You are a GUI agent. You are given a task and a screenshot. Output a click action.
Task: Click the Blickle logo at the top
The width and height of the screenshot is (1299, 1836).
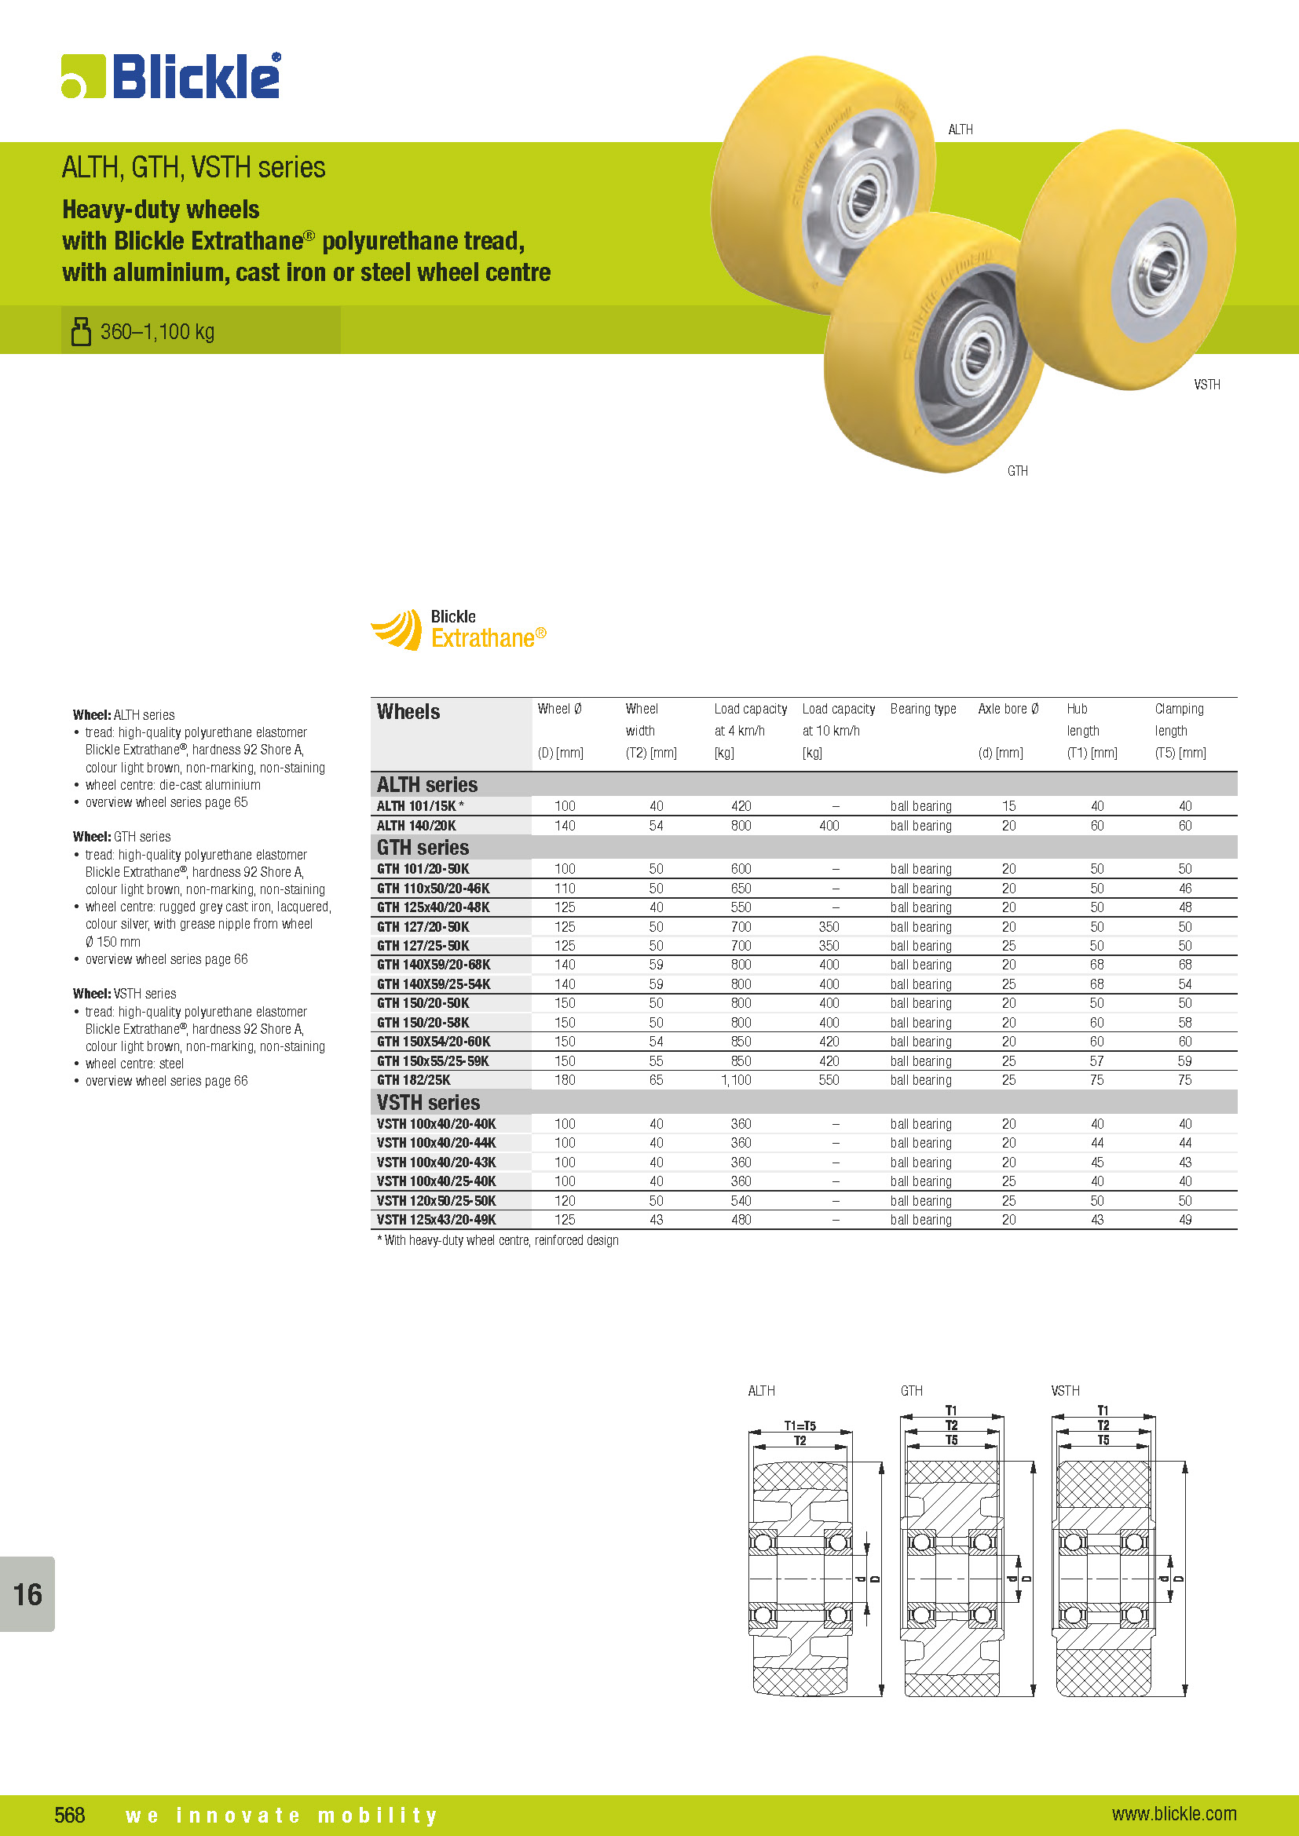coord(171,77)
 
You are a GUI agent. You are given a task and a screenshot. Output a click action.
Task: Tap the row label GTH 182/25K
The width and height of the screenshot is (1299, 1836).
coord(414,1080)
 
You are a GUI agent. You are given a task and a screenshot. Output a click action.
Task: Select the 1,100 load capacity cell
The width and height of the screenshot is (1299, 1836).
coord(741,1080)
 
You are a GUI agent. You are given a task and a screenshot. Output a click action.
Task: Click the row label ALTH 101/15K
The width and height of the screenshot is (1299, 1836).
coord(420,806)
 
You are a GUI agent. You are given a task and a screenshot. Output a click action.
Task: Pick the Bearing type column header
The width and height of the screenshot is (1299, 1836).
coord(923,710)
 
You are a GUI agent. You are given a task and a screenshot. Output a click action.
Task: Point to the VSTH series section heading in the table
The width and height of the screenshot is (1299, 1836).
coord(429,1103)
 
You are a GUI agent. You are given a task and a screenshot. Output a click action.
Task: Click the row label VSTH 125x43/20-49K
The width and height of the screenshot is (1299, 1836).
coord(437,1221)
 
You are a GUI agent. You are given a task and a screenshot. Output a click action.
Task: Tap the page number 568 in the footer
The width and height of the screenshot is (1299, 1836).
coord(70,1814)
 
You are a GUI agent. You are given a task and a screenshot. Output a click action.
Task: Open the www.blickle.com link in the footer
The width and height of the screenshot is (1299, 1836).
coord(1173,1813)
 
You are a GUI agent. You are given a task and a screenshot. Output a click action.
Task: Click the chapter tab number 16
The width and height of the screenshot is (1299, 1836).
coord(27,1594)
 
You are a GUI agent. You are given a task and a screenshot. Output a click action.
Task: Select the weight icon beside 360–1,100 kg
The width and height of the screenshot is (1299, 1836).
coord(81,331)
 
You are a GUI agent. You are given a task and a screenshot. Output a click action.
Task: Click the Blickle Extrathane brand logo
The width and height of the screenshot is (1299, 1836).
coord(459,630)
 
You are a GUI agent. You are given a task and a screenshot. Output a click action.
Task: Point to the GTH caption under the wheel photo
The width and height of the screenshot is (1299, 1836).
coord(1017,471)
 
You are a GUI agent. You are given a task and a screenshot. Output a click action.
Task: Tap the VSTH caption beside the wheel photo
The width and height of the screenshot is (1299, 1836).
coord(1207,385)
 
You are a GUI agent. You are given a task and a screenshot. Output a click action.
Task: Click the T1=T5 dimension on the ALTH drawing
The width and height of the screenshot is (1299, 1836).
coord(800,1425)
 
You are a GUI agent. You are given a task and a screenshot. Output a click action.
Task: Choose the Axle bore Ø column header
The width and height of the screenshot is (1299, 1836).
coord(1008,710)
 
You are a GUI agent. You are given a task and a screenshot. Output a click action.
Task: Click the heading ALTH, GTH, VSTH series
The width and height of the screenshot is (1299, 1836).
coord(193,167)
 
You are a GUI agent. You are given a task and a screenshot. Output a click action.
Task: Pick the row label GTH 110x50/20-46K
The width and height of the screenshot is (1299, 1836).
coord(434,889)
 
